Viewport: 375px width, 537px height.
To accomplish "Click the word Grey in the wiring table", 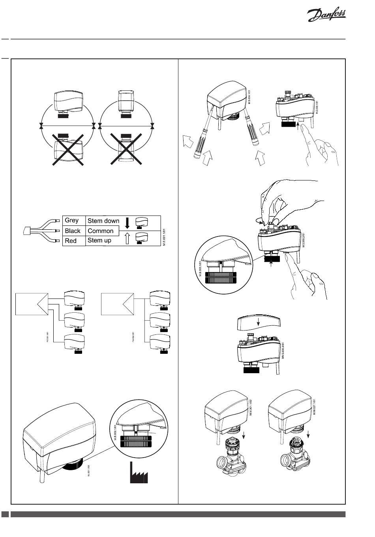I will (72, 220).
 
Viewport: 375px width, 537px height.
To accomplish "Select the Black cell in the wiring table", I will (73, 231).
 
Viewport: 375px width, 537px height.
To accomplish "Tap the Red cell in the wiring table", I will (71, 240).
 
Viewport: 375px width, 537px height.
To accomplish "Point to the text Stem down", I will (103, 221).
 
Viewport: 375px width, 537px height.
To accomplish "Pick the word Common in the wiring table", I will (101, 231).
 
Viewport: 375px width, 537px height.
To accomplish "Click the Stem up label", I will (99, 240).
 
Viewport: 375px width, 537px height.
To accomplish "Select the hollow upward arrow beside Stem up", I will (127, 239).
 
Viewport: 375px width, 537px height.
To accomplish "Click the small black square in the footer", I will (5, 514).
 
